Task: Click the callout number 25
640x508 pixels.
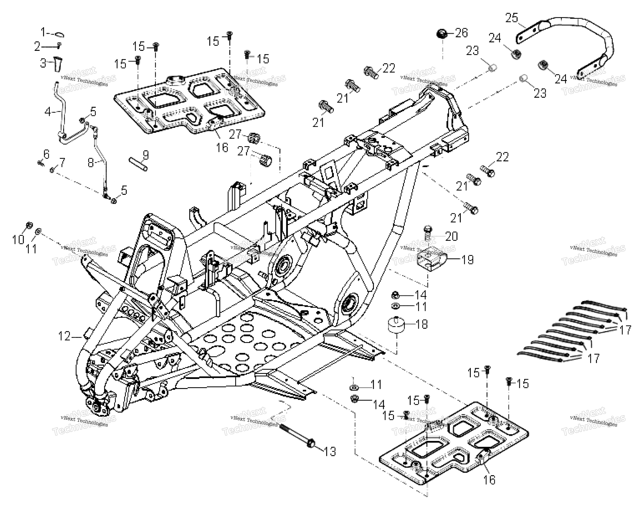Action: (x=512, y=18)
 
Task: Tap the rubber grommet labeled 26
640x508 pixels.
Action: (x=442, y=33)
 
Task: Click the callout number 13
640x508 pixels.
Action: (x=330, y=451)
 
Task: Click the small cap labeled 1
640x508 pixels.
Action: (x=60, y=35)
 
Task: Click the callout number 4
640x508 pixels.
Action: (x=48, y=112)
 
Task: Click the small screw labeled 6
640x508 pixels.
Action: (x=40, y=162)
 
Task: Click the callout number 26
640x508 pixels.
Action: (x=462, y=33)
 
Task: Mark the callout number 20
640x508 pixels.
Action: (x=451, y=236)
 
